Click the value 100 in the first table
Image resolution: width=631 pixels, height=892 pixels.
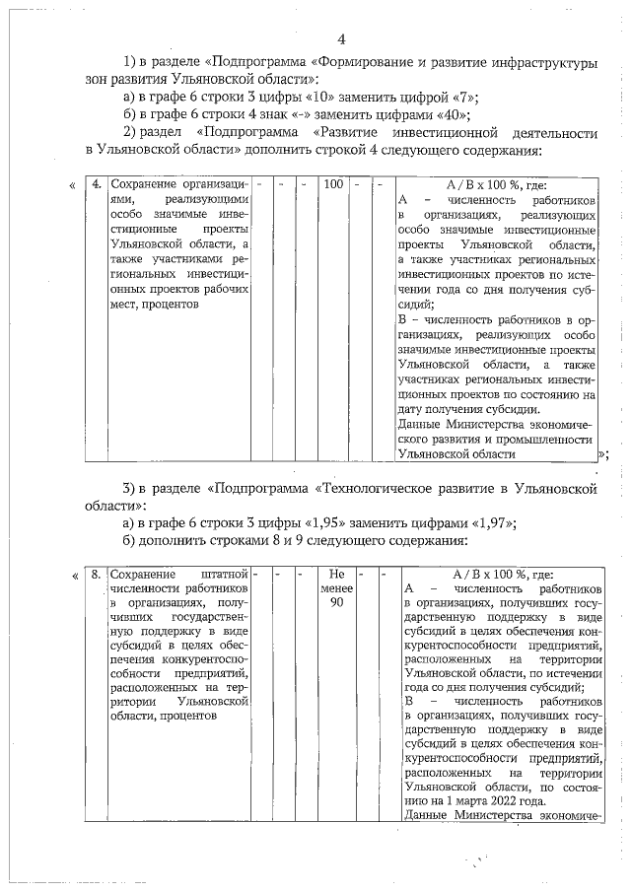pyautogui.click(x=332, y=184)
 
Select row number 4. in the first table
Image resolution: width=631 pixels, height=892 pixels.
pyautogui.click(x=96, y=184)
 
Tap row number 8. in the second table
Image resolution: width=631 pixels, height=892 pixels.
pyautogui.click(x=96, y=574)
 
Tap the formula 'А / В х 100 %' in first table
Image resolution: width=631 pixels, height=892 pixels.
pyautogui.click(x=496, y=184)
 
